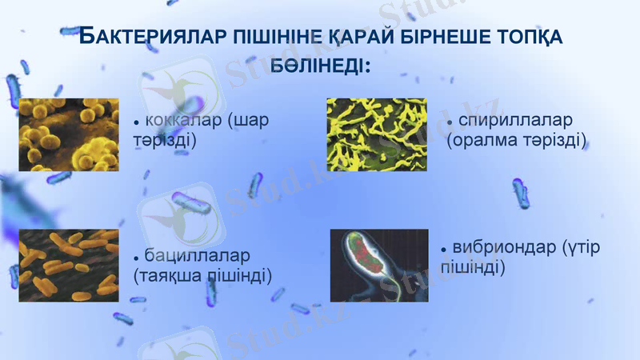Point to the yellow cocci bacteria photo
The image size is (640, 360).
click(x=69, y=134)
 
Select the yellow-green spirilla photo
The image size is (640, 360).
click(x=377, y=134)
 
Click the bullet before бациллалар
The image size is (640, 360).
click(x=137, y=257)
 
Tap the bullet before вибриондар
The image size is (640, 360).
click(x=445, y=250)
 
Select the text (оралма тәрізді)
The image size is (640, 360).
click(x=516, y=141)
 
